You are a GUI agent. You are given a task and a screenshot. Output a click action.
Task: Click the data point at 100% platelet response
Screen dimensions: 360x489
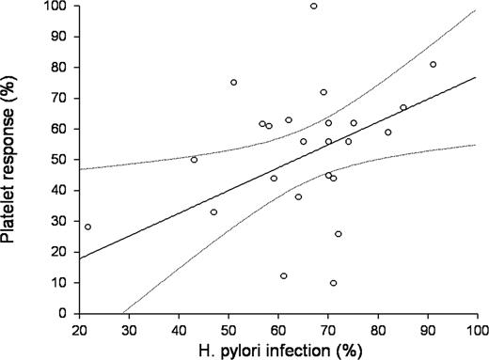click(313, 6)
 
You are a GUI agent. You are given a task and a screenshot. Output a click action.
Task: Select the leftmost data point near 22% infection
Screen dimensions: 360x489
click(88, 227)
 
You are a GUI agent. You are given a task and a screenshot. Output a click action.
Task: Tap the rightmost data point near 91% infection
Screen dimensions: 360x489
click(433, 65)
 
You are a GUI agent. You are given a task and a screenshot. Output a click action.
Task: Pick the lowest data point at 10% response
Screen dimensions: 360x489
click(333, 283)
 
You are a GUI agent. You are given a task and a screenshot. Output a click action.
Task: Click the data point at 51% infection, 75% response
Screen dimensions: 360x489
click(233, 83)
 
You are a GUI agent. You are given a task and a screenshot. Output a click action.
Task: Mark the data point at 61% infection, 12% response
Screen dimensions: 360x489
click(283, 276)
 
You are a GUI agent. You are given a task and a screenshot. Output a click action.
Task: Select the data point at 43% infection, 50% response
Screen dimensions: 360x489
click(194, 160)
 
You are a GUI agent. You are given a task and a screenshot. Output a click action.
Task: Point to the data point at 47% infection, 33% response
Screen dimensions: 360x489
click(213, 212)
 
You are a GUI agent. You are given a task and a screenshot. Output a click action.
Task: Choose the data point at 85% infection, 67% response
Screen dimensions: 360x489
click(403, 108)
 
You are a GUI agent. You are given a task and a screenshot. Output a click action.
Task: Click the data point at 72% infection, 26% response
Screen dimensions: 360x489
click(339, 234)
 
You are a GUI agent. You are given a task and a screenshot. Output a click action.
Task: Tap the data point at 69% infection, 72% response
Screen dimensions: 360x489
click(323, 92)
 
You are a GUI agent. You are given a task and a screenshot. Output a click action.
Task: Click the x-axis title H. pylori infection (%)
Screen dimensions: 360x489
click(278, 350)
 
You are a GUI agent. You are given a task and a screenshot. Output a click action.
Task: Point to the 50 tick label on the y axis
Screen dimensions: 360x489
click(59, 160)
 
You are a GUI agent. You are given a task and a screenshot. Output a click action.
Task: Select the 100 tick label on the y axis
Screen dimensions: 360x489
click(56, 7)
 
